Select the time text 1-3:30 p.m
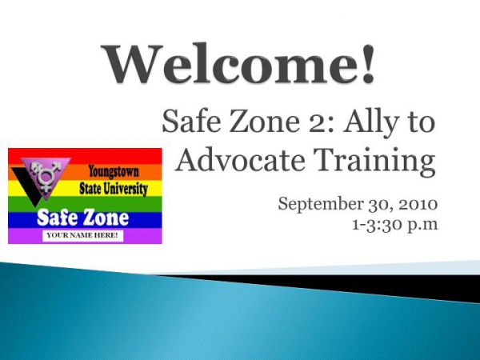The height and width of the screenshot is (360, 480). point(395,225)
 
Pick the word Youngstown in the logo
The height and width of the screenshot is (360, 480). point(114,172)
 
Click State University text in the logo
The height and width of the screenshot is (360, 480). point(114,189)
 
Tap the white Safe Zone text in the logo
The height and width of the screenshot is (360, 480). point(82,218)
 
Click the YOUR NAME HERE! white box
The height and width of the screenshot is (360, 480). point(82,235)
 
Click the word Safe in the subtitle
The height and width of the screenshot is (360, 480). point(188,122)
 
